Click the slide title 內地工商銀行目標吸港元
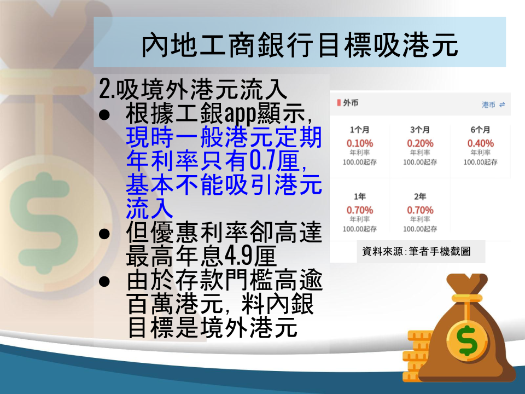point(300,45)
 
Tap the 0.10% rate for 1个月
point(360,143)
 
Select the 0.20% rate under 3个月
point(420,143)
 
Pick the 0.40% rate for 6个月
point(481,143)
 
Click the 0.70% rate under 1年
point(360,210)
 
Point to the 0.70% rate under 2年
point(420,210)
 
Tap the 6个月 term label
point(481,130)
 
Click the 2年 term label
point(420,196)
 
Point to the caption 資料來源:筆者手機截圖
point(416,251)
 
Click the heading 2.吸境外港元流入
point(193,89)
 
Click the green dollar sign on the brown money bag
point(468,340)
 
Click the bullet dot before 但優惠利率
point(104,234)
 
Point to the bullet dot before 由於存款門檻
point(104,281)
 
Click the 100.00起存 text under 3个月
point(420,162)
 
